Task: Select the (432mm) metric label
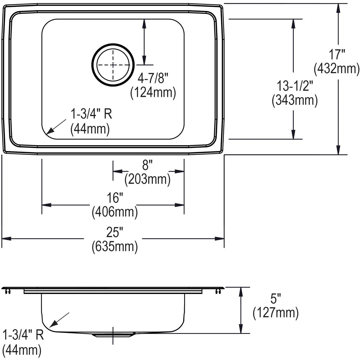[x=336, y=69]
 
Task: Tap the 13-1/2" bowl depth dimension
[x=295, y=87]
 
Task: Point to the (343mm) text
[x=295, y=100]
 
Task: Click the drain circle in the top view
[x=113, y=65]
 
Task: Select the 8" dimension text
[x=148, y=165]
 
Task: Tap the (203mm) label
[x=148, y=179]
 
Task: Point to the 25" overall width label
[x=115, y=232]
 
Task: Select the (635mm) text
[x=115, y=246]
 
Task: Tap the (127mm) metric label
[x=275, y=313]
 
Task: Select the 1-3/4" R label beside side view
[x=23, y=335]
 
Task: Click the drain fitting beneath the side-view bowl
[x=113, y=335]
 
